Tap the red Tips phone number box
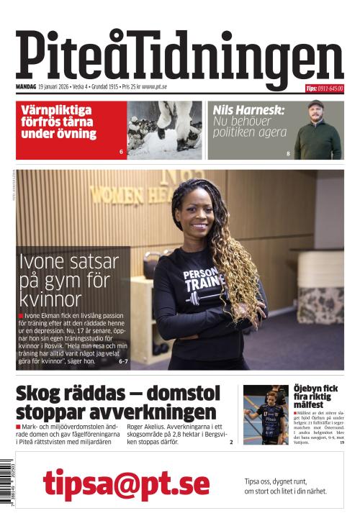tap(324, 89)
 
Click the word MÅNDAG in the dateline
tap(26, 87)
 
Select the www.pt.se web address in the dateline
tap(155, 87)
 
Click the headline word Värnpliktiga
tap(56, 109)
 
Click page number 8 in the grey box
tap(289, 153)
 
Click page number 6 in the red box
tap(121, 153)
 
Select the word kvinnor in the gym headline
tap(51, 299)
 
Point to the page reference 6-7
tap(122, 361)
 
